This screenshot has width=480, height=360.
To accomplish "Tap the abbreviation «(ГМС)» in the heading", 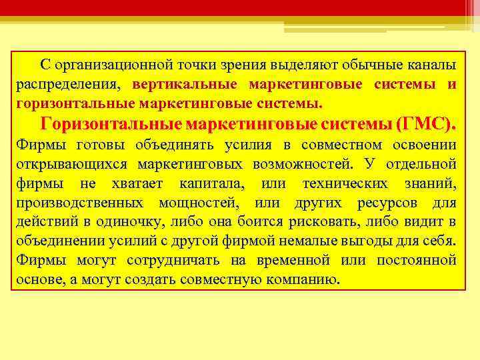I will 427,124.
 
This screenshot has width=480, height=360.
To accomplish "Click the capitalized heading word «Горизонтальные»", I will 111,124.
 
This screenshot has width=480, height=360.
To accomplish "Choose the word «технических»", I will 343,183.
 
